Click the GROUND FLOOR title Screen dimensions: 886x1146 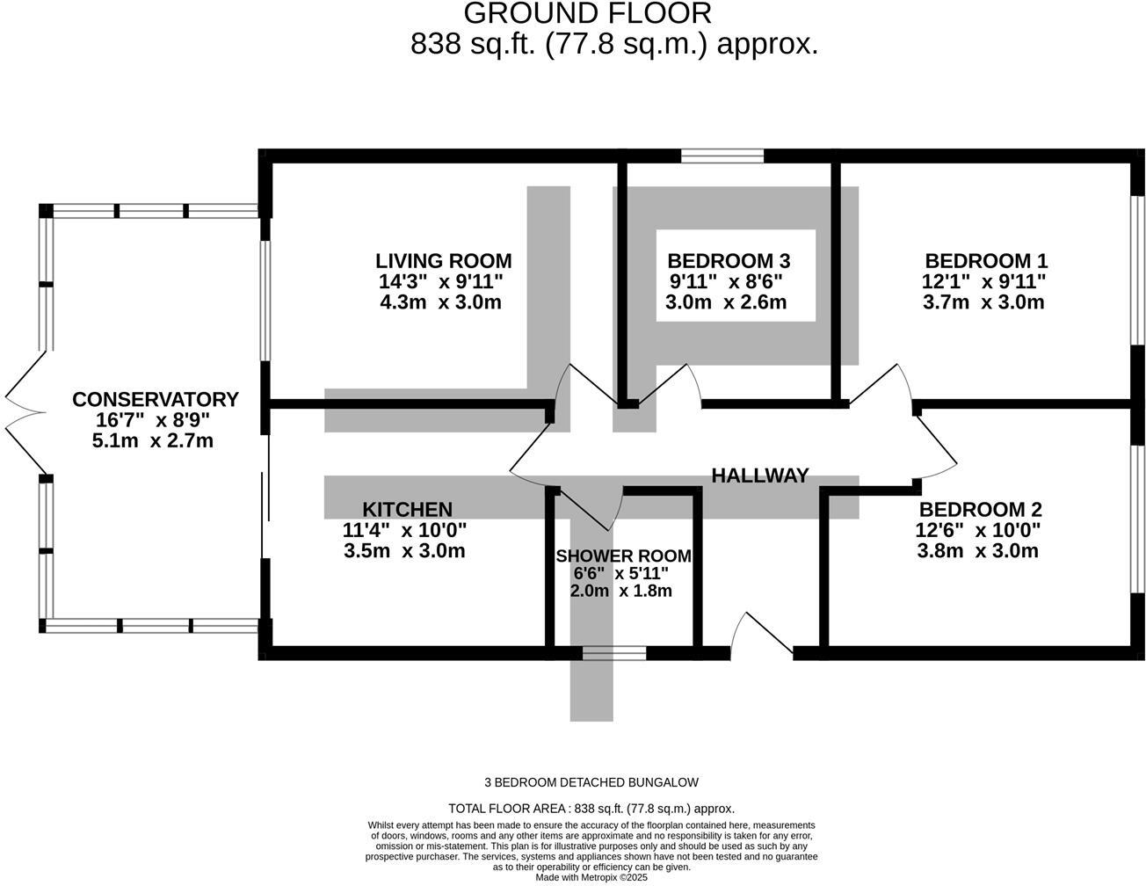coord(587,13)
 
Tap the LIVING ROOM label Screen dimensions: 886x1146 coord(443,261)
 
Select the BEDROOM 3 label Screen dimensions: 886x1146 coord(729,261)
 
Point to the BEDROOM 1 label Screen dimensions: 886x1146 coord(985,261)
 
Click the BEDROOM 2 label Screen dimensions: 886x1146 coord(980,510)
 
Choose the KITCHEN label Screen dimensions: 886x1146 coord(407,510)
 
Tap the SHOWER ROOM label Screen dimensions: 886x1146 coord(623,556)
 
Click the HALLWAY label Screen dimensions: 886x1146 coord(759,476)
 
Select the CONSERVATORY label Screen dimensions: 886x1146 coord(155,400)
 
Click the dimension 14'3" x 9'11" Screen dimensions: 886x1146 coord(441,282)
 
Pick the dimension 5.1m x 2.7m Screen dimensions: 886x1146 coord(153,441)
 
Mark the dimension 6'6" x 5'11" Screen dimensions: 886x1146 coord(620,573)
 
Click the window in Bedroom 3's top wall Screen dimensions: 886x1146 coord(722,156)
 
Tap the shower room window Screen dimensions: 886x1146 coord(613,653)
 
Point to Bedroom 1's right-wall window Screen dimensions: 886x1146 coord(1137,269)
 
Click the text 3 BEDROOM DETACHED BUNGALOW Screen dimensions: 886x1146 coord(591,782)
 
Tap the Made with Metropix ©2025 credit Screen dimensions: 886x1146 coord(591,877)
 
